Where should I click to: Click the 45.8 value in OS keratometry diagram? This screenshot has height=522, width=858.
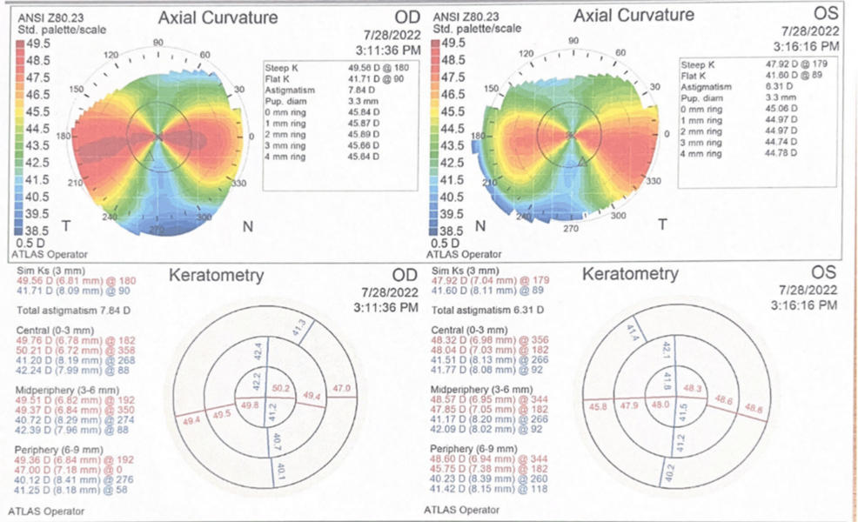pyautogui.click(x=598, y=406)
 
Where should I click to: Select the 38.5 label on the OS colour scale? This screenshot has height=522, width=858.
pyautogui.click(x=454, y=230)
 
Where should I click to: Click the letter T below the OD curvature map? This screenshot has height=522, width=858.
pyautogui.click(x=65, y=226)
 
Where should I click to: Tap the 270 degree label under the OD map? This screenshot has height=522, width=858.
pyautogui.click(x=158, y=229)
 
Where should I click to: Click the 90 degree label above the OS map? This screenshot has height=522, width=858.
pyautogui.click(x=573, y=41)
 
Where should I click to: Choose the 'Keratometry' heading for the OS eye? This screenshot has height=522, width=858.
pyautogui.click(x=630, y=275)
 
